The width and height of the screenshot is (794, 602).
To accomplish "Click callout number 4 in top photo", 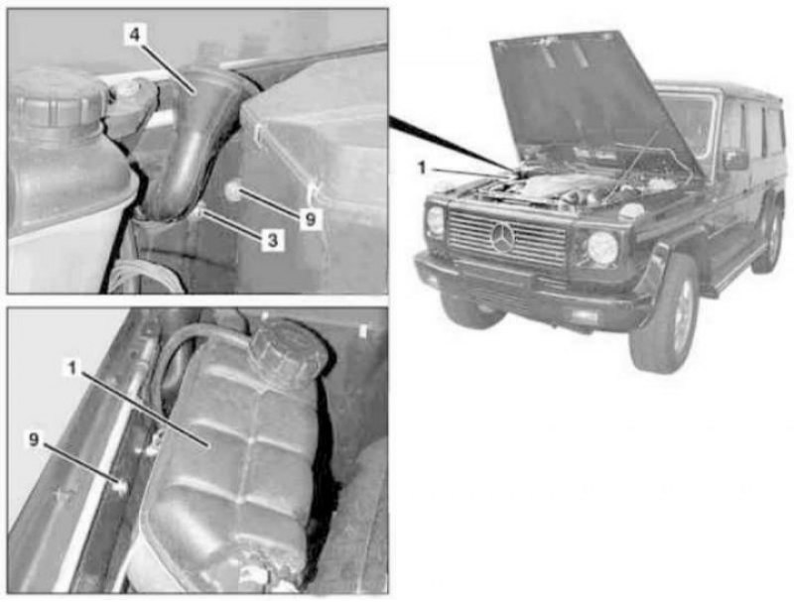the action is (x=135, y=35).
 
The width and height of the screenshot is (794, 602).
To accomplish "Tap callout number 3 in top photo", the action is (x=272, y=240).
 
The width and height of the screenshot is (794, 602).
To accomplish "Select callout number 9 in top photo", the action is (x=311, y=219).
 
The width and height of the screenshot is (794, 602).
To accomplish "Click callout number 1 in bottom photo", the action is (x=72, y=368).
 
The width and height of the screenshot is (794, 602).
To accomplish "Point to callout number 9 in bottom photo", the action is (x=34, y=439).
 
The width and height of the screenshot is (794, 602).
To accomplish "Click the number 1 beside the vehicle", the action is (x=421, y=168).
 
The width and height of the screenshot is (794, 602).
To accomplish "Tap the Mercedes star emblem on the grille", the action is (x=503, y=238).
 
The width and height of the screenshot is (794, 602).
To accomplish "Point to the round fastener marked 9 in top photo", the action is (x=232, y=191).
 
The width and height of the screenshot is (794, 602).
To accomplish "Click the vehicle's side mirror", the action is (x=735, y=160).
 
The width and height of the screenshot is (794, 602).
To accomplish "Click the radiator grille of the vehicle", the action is (x=506, y=238).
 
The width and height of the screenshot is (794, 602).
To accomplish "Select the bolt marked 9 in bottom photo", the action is (x=121, y=487).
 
